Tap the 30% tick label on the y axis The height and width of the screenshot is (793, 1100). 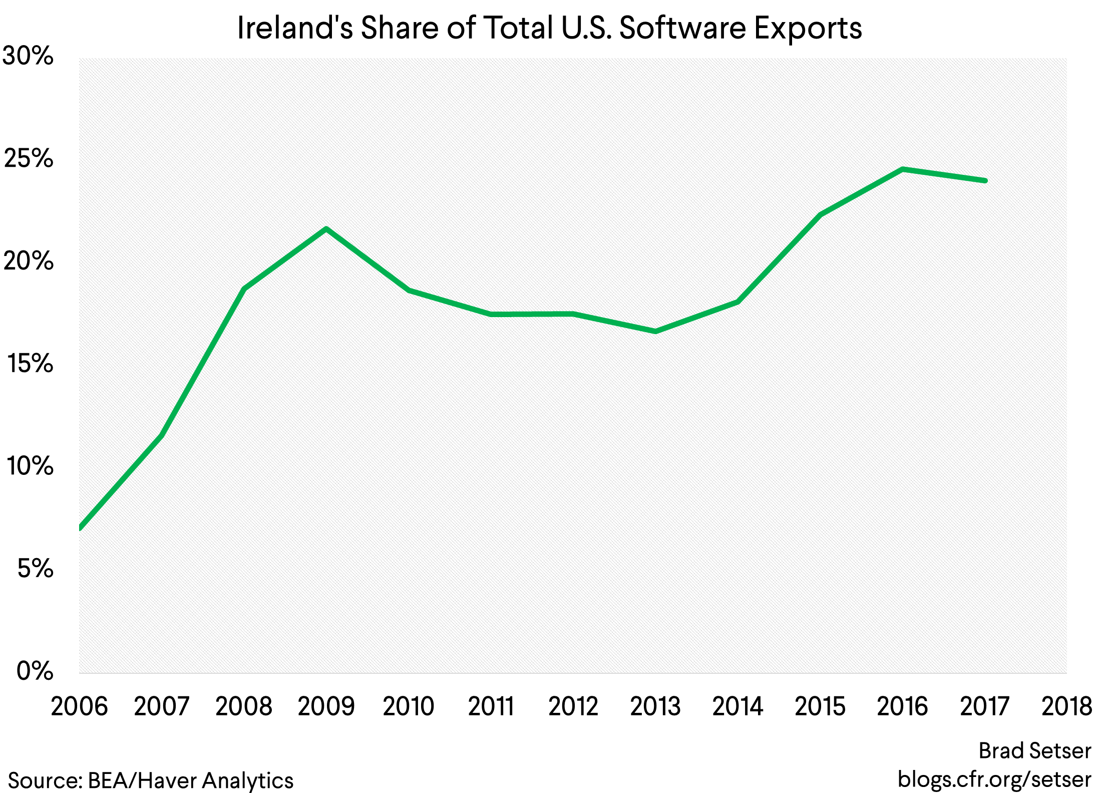tap(28, 56)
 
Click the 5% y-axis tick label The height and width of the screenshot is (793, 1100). tap(35, 569)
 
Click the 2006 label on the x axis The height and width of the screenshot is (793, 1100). tap(79, 706)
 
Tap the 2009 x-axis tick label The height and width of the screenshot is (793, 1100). tap(326, 706)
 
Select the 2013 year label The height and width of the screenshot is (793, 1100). tap(655, 706)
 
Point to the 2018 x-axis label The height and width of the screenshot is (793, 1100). tap(1066, 706)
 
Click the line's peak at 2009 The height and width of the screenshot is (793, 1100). tap(326, 229)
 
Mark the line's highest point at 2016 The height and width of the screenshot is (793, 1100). tap(902, 169)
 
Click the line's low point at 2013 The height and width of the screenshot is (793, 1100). tap(655, 331)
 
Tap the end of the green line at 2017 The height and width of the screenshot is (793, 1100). tap(985, 180)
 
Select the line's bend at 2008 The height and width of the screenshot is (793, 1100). tap(244, 289)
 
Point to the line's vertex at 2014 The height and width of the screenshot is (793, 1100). tap(738, 302)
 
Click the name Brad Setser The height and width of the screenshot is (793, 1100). tap(1034, 751)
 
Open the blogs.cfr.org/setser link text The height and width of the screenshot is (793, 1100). tap(994, 779)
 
